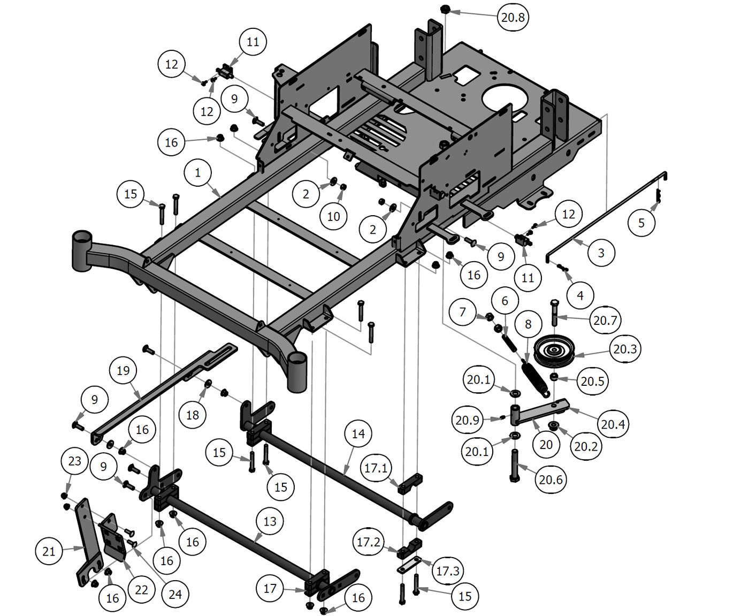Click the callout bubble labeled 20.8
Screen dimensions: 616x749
point(513,17)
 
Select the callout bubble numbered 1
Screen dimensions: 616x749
point(198,173)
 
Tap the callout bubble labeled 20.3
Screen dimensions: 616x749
point(625,349)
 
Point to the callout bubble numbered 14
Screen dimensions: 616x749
point(358,434)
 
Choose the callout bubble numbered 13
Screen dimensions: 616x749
point(270,521)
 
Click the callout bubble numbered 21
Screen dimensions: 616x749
point(49,551)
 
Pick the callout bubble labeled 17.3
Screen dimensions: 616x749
point(447,571)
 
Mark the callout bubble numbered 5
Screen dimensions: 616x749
point(641,222)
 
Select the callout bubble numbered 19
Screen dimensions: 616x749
point(123,370)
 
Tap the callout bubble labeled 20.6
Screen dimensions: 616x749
point(551,480)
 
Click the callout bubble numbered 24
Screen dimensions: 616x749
point(175,594)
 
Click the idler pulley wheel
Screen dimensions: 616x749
point(554,352)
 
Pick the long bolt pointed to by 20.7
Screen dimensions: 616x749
point(554,311)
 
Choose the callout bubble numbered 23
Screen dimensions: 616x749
point(75,461)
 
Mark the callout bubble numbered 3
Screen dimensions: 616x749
point(601,253)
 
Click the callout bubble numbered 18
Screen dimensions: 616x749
point(192,415)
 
